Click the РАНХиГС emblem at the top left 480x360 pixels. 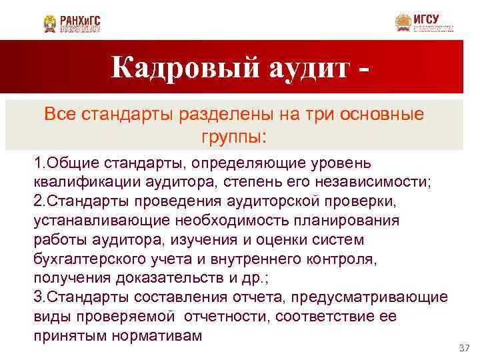coord(50,24)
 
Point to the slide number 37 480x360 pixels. coord(465,349)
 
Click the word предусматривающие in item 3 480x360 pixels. coord(367,296)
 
